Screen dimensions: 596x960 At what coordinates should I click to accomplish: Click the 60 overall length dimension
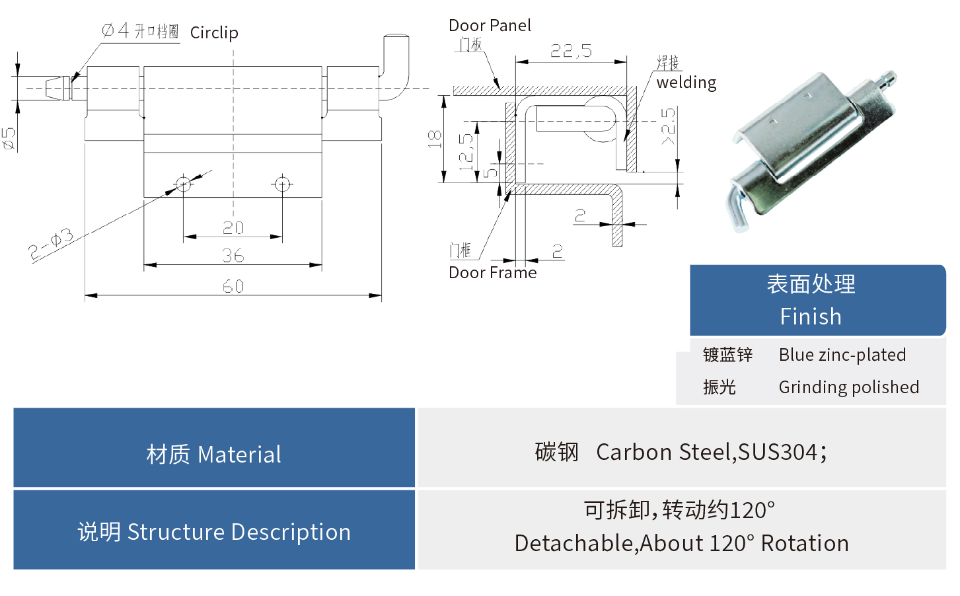233,286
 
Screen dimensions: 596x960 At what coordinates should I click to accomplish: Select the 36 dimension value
233,256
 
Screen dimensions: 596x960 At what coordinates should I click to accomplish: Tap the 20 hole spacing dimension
233,228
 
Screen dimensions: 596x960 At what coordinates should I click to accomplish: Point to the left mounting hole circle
183,184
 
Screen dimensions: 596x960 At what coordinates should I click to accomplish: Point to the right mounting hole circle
282,184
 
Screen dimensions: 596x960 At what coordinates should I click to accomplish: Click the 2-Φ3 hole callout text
51,244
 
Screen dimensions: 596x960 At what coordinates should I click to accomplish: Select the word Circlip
214,33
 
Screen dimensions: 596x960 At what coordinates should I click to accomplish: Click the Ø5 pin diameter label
9,139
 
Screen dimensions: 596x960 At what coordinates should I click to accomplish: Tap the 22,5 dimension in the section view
571,51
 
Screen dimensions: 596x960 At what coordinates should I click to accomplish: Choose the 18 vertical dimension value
434,139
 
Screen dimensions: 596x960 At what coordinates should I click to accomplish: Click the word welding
686,83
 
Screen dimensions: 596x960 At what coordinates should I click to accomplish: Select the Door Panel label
490,26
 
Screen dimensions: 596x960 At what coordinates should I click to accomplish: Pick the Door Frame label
492,273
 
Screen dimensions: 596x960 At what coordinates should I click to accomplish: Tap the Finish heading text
811,317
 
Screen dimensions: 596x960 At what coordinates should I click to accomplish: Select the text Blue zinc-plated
842,355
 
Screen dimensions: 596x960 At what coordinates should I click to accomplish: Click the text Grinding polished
848,387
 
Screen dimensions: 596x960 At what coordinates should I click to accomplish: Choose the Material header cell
214,455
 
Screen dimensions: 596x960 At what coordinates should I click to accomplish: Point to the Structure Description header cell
214,532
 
